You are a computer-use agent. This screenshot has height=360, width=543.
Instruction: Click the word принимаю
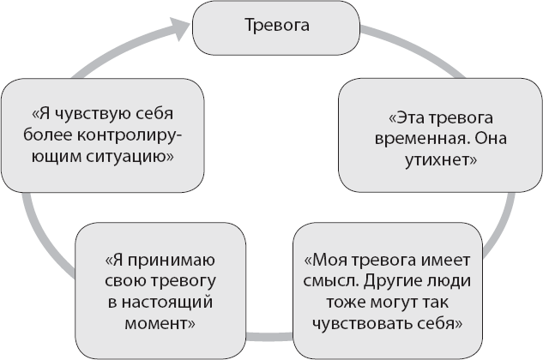click(x=172, y=261)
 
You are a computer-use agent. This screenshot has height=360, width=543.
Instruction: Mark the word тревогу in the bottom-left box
click(x=179, y=282)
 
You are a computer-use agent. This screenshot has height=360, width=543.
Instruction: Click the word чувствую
click(x=100, y=114)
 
